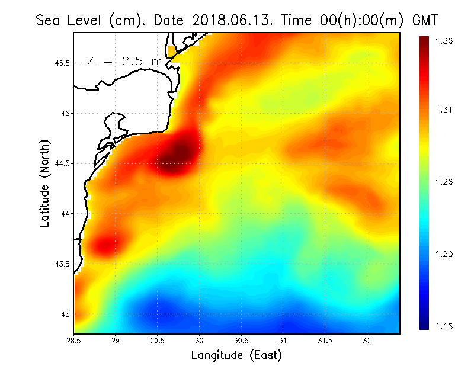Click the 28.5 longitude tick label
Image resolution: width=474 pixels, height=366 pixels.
[74, 341]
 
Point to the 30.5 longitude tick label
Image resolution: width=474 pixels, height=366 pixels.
[241, 341]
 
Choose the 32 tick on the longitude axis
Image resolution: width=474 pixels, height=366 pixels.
[367, 341]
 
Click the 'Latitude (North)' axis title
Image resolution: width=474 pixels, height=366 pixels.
[44, 184]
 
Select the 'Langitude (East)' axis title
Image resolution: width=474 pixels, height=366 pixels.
[236, 355]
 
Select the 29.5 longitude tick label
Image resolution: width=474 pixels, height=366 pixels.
[158, 341]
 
